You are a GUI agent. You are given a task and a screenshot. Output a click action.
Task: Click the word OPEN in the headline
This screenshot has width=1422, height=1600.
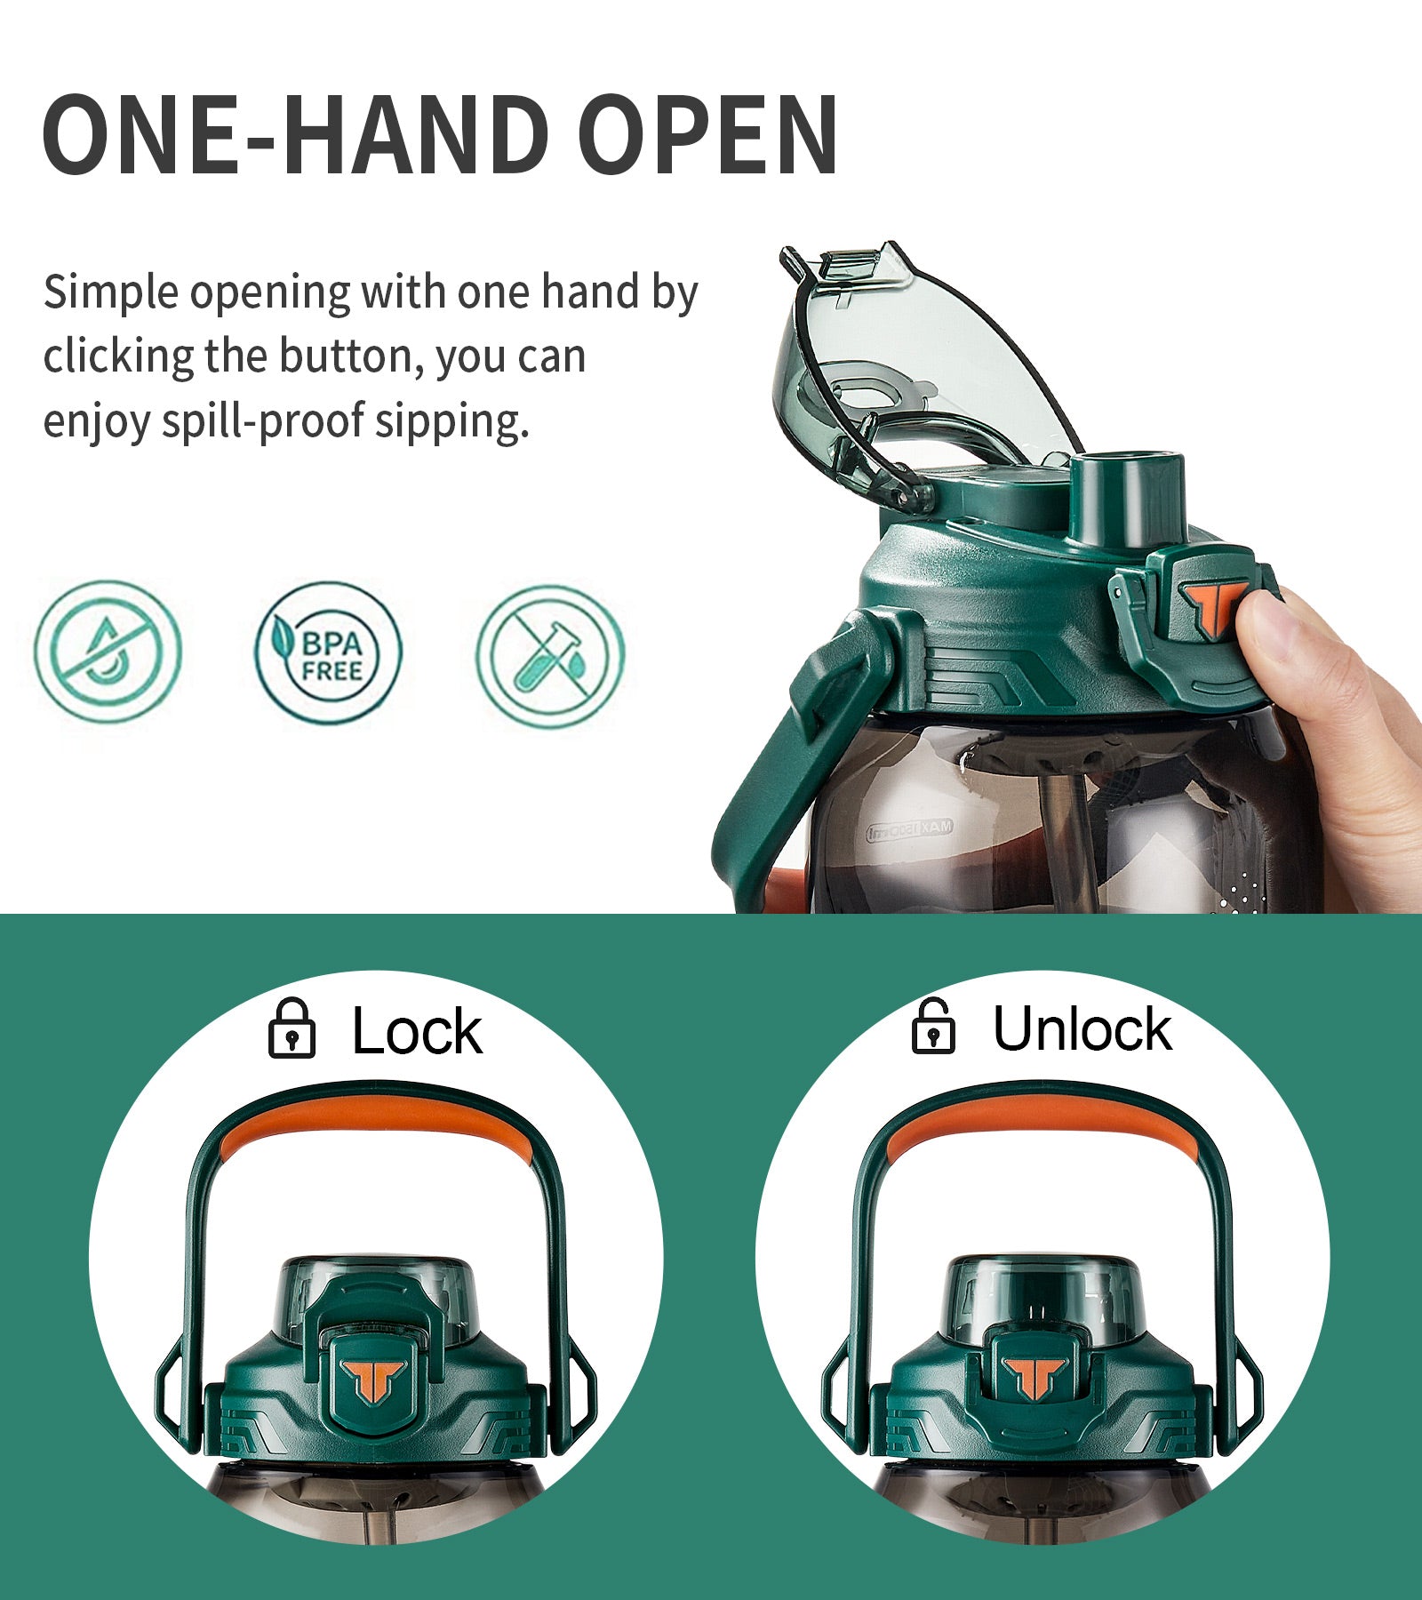click(x=708, y=135)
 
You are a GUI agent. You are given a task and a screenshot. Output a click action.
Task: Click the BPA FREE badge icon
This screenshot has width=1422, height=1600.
click(x=328, y=653)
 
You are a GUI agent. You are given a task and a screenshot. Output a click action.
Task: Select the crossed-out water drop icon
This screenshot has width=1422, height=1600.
click(x=108, y=652)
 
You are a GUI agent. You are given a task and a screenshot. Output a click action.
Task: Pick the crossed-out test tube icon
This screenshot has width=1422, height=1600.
click(x=550, y=656)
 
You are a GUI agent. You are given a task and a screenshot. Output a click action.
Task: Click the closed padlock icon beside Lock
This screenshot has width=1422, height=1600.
click(x=292, y=1028)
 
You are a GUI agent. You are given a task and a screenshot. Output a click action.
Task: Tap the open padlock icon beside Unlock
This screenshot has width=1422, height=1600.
click(x=933, y=1027)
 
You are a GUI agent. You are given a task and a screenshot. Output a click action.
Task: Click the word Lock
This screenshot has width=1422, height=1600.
click(x=417, y=1031)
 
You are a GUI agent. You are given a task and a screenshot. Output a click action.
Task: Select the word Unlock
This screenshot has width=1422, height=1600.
click(x=1082, y=1029)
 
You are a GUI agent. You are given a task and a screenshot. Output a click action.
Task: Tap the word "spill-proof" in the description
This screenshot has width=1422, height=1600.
click(x=263, y=421)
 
